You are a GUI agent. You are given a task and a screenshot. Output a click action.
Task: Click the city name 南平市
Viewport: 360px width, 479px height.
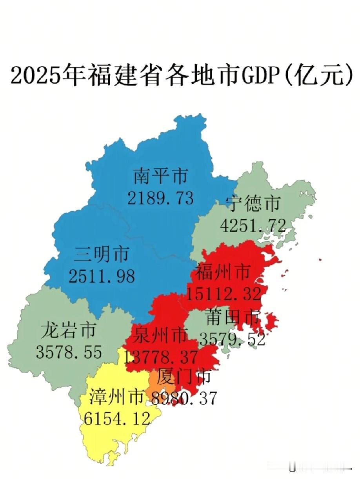[160, 177]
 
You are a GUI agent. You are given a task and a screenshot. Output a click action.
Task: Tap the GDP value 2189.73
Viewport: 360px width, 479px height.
[160, 198]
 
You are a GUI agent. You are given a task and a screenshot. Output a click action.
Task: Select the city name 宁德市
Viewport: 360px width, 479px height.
[253, 204]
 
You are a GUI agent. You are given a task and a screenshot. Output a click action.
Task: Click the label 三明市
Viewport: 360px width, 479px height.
[101, 255]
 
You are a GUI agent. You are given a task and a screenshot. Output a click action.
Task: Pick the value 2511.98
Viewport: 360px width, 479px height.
[102, 276]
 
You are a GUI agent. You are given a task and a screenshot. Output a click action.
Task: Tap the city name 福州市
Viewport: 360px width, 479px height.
[223, 272]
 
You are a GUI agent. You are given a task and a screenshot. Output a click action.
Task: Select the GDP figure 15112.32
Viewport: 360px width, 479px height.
[224, 293]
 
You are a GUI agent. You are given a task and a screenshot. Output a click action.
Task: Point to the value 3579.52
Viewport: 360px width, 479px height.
[232, 338]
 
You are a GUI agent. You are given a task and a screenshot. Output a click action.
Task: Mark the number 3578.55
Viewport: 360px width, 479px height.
[69, 352]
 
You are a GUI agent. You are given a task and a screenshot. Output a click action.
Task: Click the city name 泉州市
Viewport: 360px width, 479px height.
[160, 336]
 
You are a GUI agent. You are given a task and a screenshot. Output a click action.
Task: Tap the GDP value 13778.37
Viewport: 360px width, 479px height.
[161, 357]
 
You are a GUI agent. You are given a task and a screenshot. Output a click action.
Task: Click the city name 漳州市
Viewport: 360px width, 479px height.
[116, 397]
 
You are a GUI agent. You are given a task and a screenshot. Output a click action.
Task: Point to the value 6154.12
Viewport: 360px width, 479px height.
[117, 419]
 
